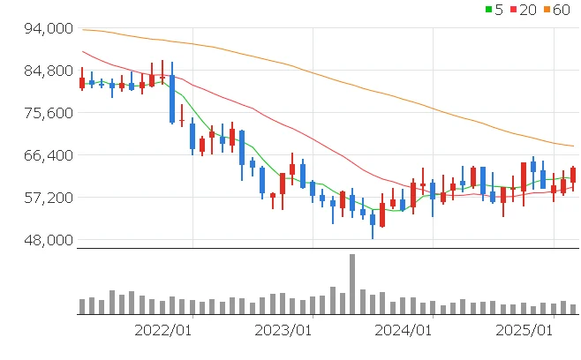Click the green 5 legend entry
[x=495, y=9]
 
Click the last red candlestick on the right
[x=573, y=175]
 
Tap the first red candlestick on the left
[x=82, y=83]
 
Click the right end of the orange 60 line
[x=573, y=146]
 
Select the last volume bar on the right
[x=573, y=309]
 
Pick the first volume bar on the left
[x=82, y=306]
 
